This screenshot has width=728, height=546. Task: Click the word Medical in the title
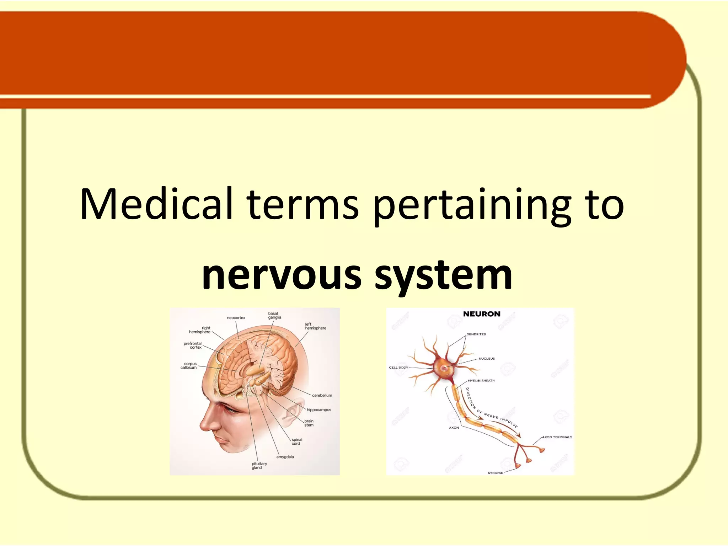tap(156, 204)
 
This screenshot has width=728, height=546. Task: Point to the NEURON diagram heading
tap(482, 314)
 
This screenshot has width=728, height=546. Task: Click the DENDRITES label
tap(476, 334)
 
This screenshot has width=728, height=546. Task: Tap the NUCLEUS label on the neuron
tap(486, 359)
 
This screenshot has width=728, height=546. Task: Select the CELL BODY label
tap(398, 368)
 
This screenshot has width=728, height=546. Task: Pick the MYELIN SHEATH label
tap(481, 381)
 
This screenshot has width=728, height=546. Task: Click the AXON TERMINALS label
tap(557, 437)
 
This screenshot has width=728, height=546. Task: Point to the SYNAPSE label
tap(495, 473)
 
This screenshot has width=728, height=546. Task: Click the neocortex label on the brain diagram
tap(236, 318)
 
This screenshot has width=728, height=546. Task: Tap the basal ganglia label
tap(274, 316)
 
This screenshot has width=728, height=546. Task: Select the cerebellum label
tap(322, 395)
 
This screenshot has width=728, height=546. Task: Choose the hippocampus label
tap(319, 410)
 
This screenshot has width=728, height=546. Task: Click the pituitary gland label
tap(259, 466)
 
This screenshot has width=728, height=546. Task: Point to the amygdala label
tap(285, 457)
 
